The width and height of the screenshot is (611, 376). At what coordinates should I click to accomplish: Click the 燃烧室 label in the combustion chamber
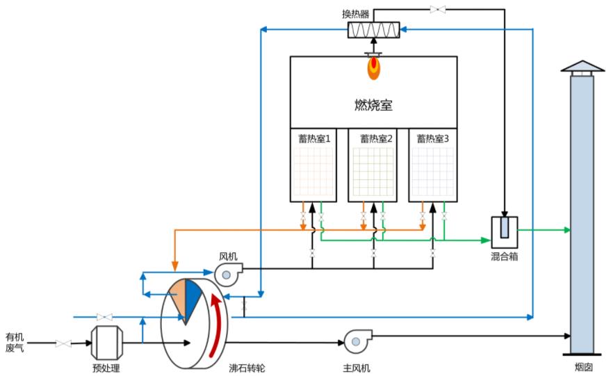click(373, 106)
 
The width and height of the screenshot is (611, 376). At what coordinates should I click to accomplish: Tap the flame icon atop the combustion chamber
click(374, 67)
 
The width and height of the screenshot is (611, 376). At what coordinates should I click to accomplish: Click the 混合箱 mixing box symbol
click(504, 229)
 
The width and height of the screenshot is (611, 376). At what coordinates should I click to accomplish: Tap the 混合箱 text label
click(504, 256)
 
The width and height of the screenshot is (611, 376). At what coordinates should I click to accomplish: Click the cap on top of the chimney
click(582, 67)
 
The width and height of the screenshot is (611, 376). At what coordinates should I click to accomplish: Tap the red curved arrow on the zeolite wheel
click(220, 320)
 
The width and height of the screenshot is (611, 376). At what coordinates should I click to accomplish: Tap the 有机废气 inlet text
click(15, 342)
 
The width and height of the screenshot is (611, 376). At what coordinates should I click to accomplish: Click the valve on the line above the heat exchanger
click(439, 9)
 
